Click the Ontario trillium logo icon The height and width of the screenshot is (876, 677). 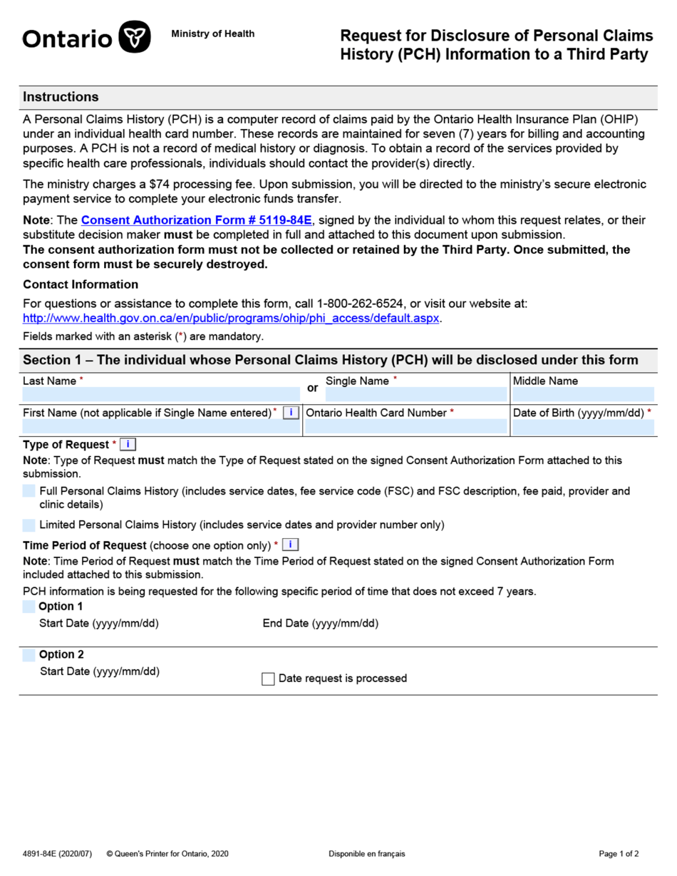click(x=134, y=37)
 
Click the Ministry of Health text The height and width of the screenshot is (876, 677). click(x=212, y=34)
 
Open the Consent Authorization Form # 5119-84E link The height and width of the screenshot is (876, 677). click(x=197, y=220)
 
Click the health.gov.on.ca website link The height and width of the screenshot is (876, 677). click(x=232, y=318)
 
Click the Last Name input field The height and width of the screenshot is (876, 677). click(x=160, y=395)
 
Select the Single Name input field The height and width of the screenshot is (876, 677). click(x=415, y=395)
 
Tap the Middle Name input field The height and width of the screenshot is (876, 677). click(x=582, y=395)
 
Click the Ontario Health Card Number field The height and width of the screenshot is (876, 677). click(x=405, y=427)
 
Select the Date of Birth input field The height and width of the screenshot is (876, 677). click(x=582, y=427)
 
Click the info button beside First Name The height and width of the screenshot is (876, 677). click(x=291, y=413)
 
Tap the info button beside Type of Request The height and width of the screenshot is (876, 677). click(x=128, y=445)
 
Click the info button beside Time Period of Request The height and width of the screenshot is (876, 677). click(x=290, y=545)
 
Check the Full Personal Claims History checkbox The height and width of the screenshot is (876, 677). click(x=29, y=491)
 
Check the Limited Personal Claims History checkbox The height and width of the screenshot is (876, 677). click(x=29, y=525)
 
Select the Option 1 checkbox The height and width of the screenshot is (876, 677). click(x=29, y=607)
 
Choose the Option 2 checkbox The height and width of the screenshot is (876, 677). click(x=29, y=655)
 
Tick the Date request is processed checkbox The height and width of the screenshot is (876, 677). click(x=268, y=679)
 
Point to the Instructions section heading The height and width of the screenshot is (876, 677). click(x=61, y=97)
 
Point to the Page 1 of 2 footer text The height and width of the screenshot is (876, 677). click(x=619, y=854)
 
